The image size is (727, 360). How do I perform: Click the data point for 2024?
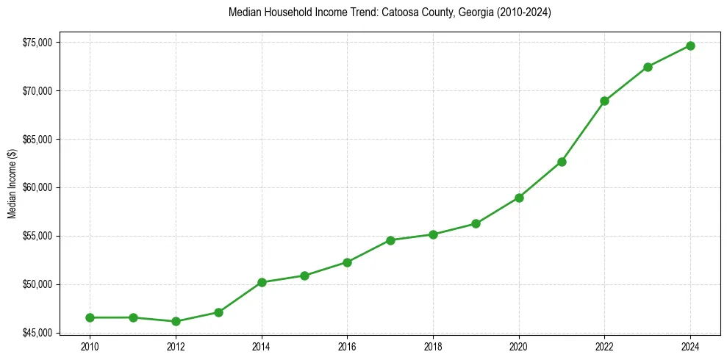[x=690, y=46]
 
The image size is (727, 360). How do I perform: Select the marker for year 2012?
[x=176, y=321]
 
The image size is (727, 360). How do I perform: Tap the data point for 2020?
[x=519, y=198]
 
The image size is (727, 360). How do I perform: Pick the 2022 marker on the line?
[x=604, y=101]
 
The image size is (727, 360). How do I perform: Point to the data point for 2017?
[x=390, y=240]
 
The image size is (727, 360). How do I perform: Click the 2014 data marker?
[x=262, y=282]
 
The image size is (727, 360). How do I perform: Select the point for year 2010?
[x=90, y=317]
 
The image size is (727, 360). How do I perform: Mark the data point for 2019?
[x=476, y=223]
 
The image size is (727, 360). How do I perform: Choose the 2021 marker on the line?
[x=562, y=162]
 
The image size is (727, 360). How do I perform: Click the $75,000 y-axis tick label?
[x=37, y=43]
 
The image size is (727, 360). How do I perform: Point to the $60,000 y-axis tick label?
[x=37, y=187]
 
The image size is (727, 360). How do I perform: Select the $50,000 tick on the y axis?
[x=37, y=284]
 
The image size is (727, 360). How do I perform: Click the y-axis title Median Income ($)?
[x=12, y=187]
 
